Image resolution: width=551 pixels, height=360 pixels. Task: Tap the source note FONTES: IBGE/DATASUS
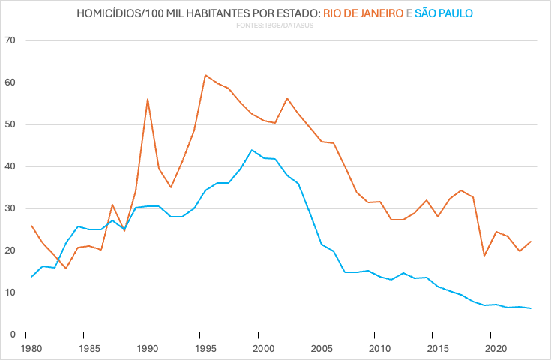[275, 26]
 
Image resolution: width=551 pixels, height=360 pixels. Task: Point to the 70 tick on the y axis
[10, 40]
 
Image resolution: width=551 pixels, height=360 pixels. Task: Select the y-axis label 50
[10, 124]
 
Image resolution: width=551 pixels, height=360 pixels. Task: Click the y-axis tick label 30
[10, 208]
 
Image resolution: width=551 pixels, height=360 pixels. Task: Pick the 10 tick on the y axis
[10, 292]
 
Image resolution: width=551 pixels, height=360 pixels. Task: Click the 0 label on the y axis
[13, 334]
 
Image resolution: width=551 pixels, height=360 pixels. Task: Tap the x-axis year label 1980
[31, 349]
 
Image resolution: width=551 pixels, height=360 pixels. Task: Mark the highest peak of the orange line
[205, 75]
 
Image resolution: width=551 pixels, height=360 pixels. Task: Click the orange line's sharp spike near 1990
[147, 99]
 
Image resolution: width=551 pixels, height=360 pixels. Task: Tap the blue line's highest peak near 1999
[252, 150]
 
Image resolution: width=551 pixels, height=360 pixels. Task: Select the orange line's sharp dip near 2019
[484, 256]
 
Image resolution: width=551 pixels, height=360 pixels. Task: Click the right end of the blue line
[531, 308]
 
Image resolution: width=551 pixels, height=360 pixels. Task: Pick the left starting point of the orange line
[31, 226]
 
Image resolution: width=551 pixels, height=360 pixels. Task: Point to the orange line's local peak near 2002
[287, 98]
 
